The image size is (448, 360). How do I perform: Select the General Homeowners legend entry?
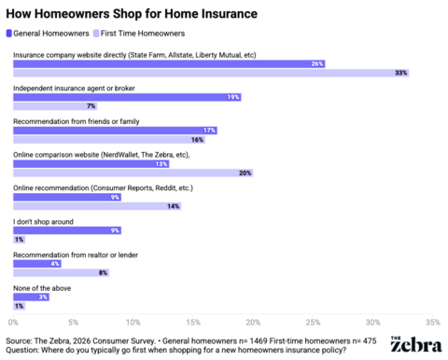tap(53, 33)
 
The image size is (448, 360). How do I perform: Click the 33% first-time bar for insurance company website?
tap(211, 73)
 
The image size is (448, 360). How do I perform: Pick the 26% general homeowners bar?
tap(168, 63)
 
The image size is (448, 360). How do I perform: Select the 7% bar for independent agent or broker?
tap(54, 105)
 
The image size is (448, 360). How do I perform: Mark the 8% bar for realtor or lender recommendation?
tap(60, 272)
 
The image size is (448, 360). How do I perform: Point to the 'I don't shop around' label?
tap(45, 220)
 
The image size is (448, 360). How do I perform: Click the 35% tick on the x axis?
tap(432, 322)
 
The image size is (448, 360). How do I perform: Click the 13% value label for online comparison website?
tap(161, 163)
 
